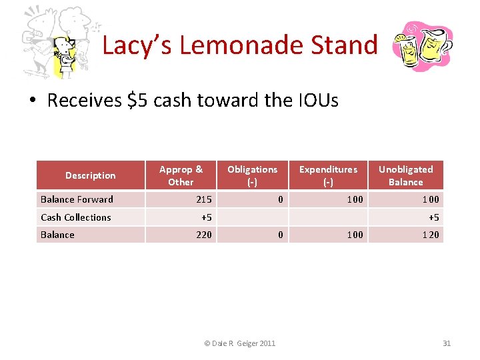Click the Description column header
[x=90, y=175]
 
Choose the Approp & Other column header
[x=181, y=175]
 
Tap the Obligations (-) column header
[x=252, y=175]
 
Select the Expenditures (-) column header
[x=328, y=175]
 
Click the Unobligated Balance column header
[x=405, y=175]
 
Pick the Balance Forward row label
[x=77, y=199]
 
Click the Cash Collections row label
[x=75, y=217]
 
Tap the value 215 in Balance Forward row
[x=204, y=199]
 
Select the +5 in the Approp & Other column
[x=206, y=217]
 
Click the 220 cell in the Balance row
[x=204, y=235]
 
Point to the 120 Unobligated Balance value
[x=431, y=235]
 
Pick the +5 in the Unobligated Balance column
[x=433, y=217]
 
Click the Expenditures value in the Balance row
[x=355, y=235]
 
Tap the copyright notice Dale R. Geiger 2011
[x=239, y=343]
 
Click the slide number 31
[x=447, y=343]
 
